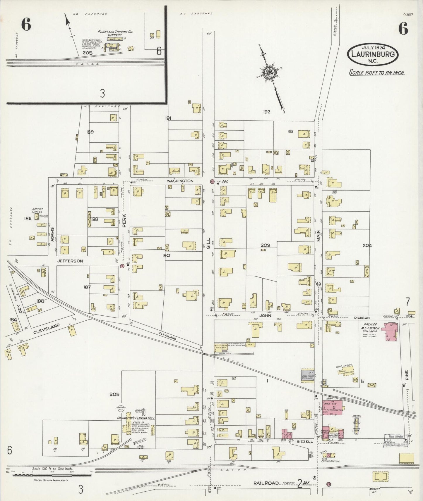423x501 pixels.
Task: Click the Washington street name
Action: pos(180,181)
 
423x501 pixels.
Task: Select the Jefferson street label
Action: pos(70,261)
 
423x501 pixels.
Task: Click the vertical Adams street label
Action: pos(53,234)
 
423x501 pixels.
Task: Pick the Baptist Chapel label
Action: pos(37,210)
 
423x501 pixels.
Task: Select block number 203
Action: pos(265,245)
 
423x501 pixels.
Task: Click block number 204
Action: pos(367,246)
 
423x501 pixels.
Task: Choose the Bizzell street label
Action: pos(306,442)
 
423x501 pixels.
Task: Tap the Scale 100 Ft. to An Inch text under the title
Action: pos(376,72)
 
